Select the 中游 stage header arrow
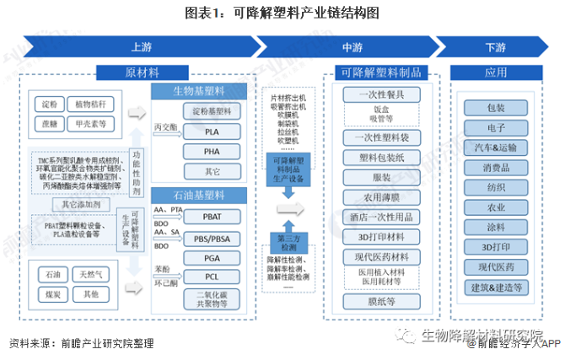coord(352,46)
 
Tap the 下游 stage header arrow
coord(495,46)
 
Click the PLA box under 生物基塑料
coord(212,132)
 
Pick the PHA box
coord(212,151)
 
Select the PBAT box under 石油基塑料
coord(212,217)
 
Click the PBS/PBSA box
coord(212,237)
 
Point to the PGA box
coord(212,257)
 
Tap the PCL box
coord(212,277)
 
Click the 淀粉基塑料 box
coord(212,111)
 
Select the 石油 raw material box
coord(53,275)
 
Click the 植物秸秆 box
coord(91,105)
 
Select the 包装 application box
coord(495,108)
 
